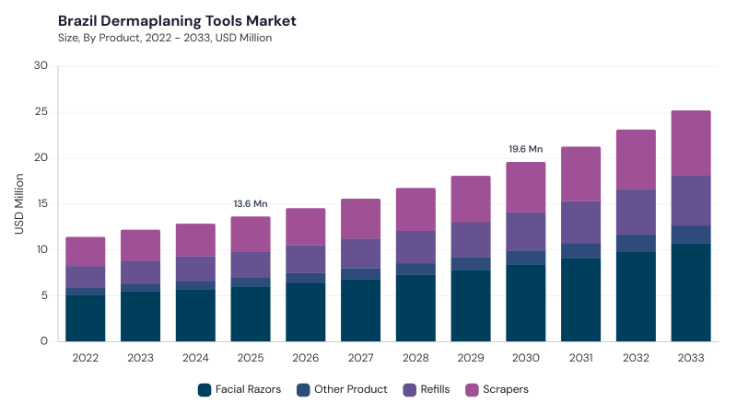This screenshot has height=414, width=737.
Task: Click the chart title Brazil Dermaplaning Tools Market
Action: click(177, 21)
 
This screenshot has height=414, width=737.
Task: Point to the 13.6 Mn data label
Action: click(251, 203)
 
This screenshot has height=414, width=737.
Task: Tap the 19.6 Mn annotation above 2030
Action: click(525, 149)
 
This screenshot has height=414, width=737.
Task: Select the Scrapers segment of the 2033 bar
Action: click(691, 144)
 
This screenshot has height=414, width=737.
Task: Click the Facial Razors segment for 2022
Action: click(85, 318)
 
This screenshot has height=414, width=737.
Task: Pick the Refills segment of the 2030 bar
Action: click(525, 232)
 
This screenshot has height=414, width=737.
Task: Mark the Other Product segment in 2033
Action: click(691, 235)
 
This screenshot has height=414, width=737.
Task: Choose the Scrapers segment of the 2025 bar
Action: click(251, 235)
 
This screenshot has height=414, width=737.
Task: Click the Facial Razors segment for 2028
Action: click(415, 308)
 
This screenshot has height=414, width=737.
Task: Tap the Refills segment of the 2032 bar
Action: click(636, 213)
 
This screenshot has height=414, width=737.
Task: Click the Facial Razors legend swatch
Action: click(205, 389)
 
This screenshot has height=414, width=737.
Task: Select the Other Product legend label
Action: click(351, 389)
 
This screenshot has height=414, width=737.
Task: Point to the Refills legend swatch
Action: click(409, 389)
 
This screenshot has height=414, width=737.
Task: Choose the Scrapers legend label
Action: click(506, 389)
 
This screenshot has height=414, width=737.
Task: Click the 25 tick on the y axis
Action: click(41, 111)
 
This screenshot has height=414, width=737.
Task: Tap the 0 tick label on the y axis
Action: click(44, 341)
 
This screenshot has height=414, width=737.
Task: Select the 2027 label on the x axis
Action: click(360, 358)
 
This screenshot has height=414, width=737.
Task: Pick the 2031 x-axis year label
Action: click(581, 358)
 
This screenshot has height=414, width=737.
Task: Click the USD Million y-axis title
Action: click(18, 203)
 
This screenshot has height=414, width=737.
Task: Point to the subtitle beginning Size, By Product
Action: click(165, 38)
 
